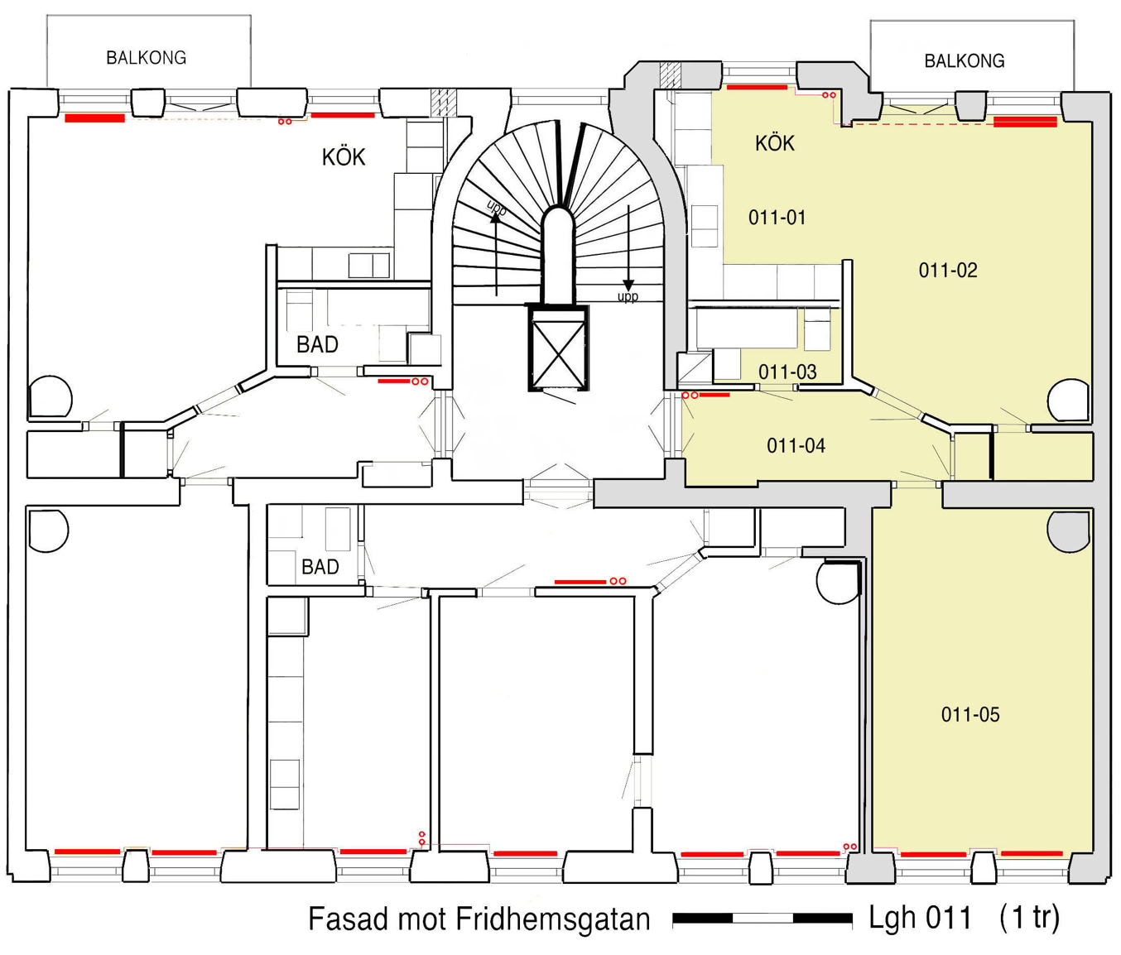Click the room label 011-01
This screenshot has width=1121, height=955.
(777, 218)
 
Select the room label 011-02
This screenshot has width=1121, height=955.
(948, 271)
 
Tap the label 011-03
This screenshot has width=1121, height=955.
(787, 372)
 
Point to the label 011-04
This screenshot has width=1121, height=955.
(796, 446)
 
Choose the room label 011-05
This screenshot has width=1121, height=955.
(970, 715)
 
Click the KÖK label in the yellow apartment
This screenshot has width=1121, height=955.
(775, 143)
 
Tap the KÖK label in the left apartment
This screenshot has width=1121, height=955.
(344, 157)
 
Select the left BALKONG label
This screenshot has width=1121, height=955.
(147, 58)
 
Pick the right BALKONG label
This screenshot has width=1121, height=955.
(965, 61)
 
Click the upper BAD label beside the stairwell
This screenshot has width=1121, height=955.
(317, 345)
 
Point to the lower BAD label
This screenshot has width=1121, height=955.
(320, 568)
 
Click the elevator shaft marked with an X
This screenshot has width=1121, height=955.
(558, 348)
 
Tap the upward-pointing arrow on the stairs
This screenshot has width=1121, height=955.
(496, 254)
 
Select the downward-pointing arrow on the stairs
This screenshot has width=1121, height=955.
(628, 248)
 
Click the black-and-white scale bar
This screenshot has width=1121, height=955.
(762, 918)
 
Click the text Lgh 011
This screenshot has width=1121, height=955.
(920, 918)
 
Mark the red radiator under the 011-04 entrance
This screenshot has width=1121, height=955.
(714, 395)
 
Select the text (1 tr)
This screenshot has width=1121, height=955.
(1029, 918)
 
